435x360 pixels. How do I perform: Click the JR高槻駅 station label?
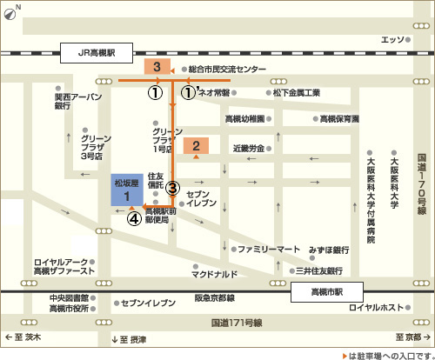coord(97,51)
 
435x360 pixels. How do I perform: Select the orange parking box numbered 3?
coord(157,67)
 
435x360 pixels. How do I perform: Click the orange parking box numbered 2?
coord(197,146)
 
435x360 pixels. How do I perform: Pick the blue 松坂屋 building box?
coord(127,190)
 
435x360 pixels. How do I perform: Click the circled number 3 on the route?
coord(172,187)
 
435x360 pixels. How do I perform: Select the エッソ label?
coord(393,39)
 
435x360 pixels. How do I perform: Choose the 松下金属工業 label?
coord(296,92)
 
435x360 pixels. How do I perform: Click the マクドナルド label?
coord(214,275)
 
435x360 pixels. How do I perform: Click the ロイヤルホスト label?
coord(377,308)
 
